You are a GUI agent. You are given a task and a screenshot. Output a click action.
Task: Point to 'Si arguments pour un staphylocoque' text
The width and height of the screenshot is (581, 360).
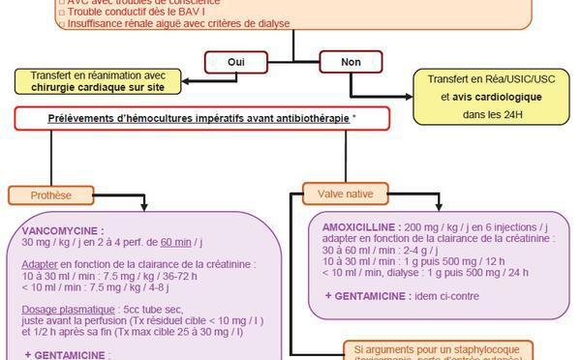pyautogui.click(x=438, y=347)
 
